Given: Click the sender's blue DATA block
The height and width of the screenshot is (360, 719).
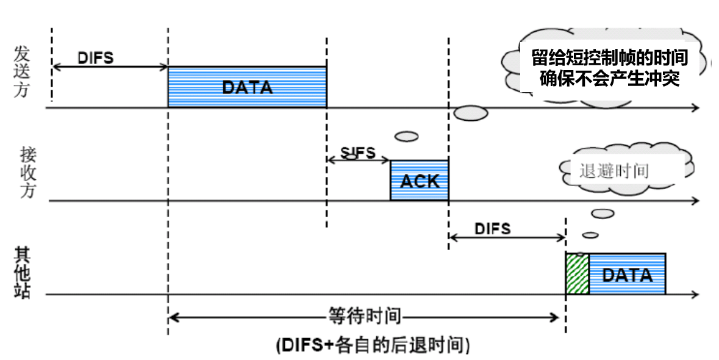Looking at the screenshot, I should point(247,87).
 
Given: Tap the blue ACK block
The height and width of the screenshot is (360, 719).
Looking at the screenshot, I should point(419,181).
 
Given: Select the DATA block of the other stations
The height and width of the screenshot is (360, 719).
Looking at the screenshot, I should point(627,275).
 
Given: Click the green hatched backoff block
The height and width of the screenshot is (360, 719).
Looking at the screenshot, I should point(577,275).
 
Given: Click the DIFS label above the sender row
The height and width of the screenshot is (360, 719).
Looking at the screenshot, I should point(96,57).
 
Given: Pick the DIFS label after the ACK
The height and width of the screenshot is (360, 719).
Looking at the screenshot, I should point(492,229).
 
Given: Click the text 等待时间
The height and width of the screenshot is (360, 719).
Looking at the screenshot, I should point(365,317).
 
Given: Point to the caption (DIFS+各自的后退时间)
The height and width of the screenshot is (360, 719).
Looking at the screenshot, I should point(372,345).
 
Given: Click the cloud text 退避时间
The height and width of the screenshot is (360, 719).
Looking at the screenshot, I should point(613,171).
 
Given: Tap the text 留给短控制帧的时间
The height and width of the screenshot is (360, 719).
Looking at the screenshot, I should point(609,58).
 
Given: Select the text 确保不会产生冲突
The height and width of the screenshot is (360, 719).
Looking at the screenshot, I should point(609,79).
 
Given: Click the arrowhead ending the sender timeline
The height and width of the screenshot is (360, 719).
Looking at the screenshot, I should point(695,108).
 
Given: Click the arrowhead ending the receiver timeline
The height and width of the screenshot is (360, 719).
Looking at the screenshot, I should point(695,201).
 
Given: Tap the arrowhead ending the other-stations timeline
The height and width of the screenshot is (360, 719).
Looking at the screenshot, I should point(695,295).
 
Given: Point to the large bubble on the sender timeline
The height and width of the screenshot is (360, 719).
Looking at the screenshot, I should point(471,112).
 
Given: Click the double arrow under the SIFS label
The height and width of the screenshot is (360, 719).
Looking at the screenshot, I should point(358,160).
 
